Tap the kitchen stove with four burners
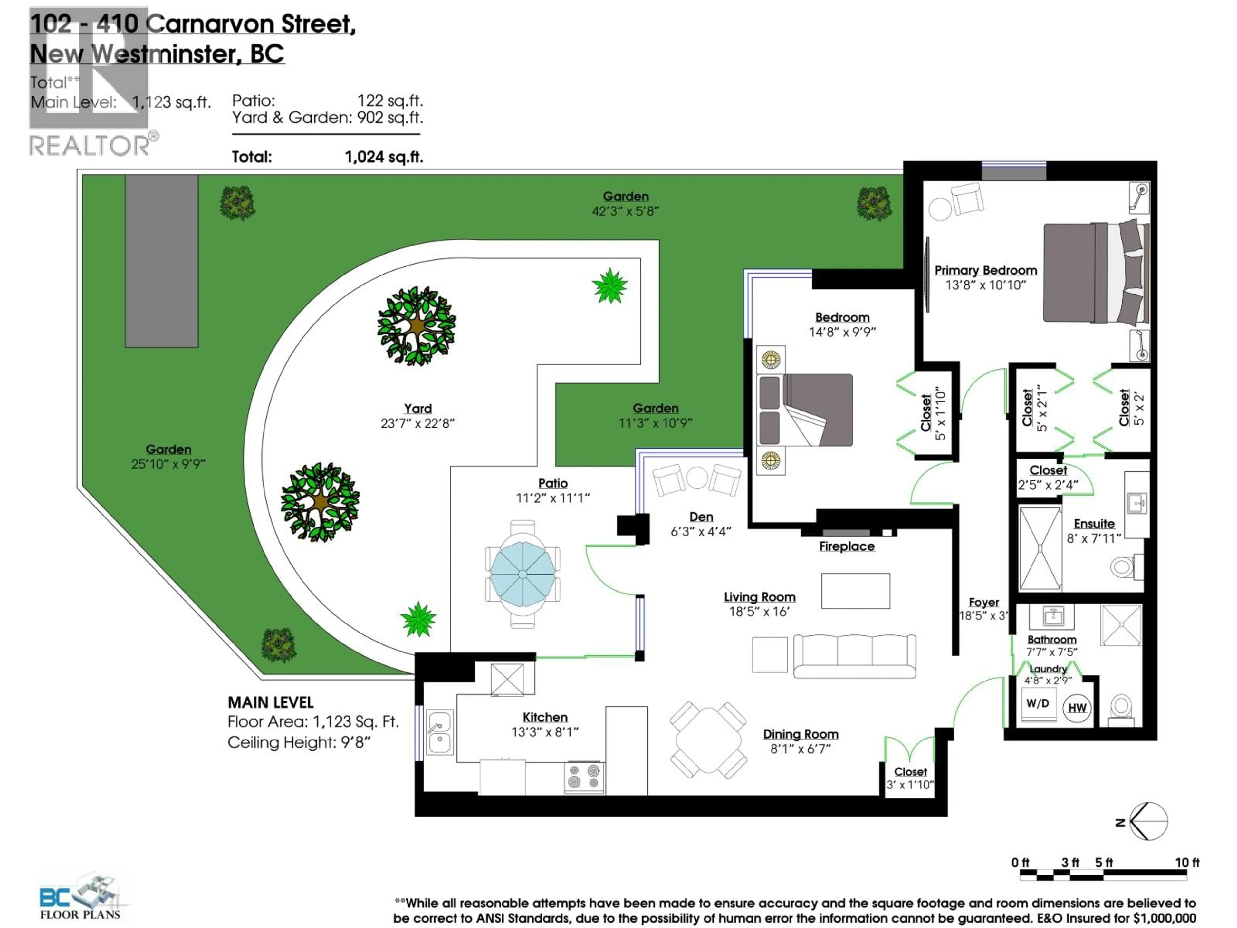(x=584, y=777)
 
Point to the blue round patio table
(x=522, y=575)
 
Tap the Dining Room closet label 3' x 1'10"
(x=910, y=785)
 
